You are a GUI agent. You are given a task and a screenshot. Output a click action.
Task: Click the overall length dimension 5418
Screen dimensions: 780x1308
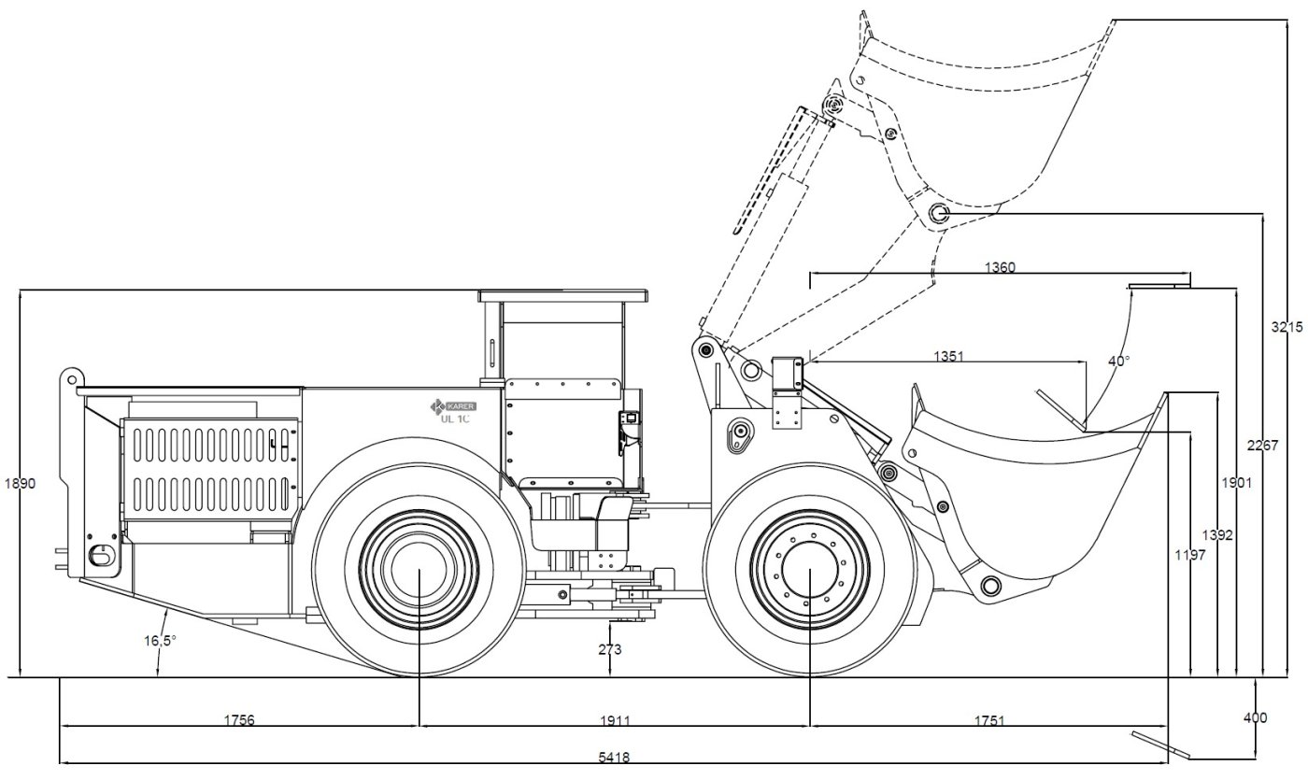coord(613,757)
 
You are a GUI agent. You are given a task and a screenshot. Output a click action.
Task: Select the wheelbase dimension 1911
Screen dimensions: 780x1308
coord(615,720)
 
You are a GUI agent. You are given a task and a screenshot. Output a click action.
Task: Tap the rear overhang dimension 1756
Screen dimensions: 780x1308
coord(239,720)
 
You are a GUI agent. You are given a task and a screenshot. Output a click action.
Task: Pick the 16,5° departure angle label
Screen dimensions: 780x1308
coord(160,641)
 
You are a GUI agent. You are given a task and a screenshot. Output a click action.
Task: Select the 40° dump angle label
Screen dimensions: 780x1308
coord(1116,361)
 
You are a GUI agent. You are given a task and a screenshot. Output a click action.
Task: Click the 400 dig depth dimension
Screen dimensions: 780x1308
coord(1256,717)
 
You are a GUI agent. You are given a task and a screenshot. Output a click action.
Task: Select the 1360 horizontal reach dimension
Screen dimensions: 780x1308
coord(1000,268)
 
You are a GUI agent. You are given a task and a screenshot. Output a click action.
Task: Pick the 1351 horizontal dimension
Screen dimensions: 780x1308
coord(949,356)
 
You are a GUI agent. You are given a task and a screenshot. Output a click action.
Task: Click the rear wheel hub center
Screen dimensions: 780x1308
coord(418,571)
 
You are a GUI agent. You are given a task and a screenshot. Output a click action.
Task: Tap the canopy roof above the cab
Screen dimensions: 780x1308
coord(563,296)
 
